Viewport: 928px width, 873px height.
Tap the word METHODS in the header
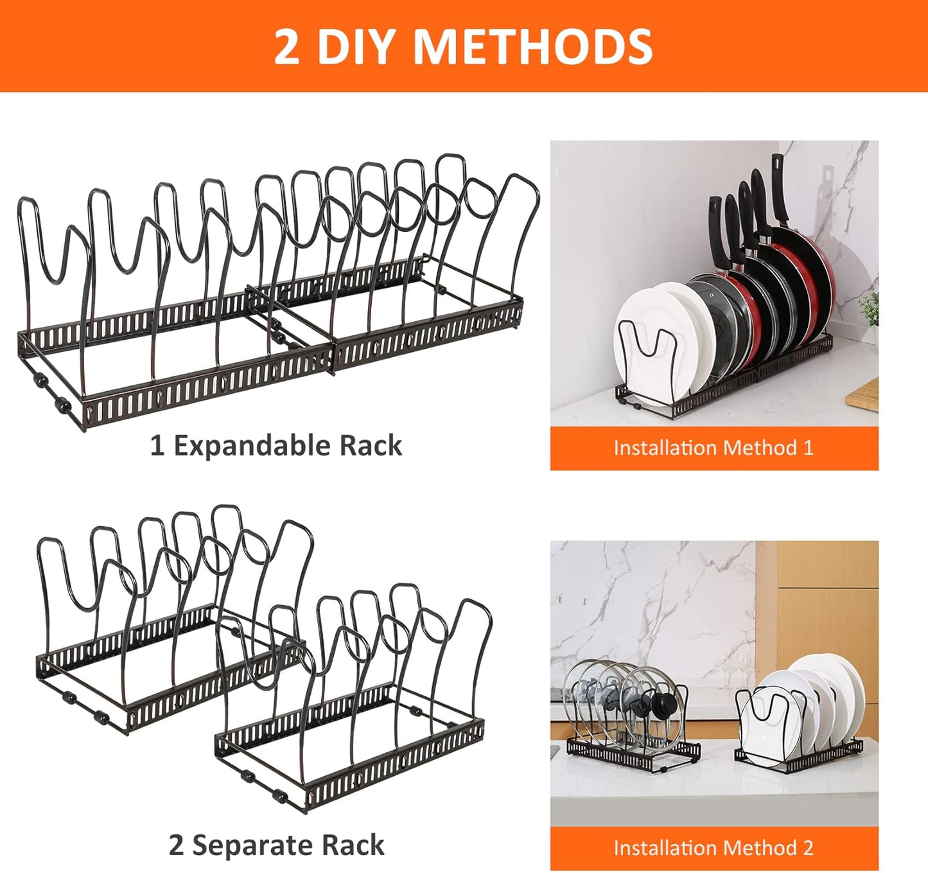(x=532, y=46)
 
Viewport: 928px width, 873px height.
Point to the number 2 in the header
(x=286, y=46)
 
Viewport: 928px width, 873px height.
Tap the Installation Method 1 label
(x=714, y=448)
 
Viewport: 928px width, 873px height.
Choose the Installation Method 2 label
(x=714, y=848)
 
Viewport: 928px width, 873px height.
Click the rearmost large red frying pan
(x=806, y=270)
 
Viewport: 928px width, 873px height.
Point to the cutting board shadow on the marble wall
(x=828, y=186)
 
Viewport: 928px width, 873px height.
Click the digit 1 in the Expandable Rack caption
(x=157, y=446)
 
